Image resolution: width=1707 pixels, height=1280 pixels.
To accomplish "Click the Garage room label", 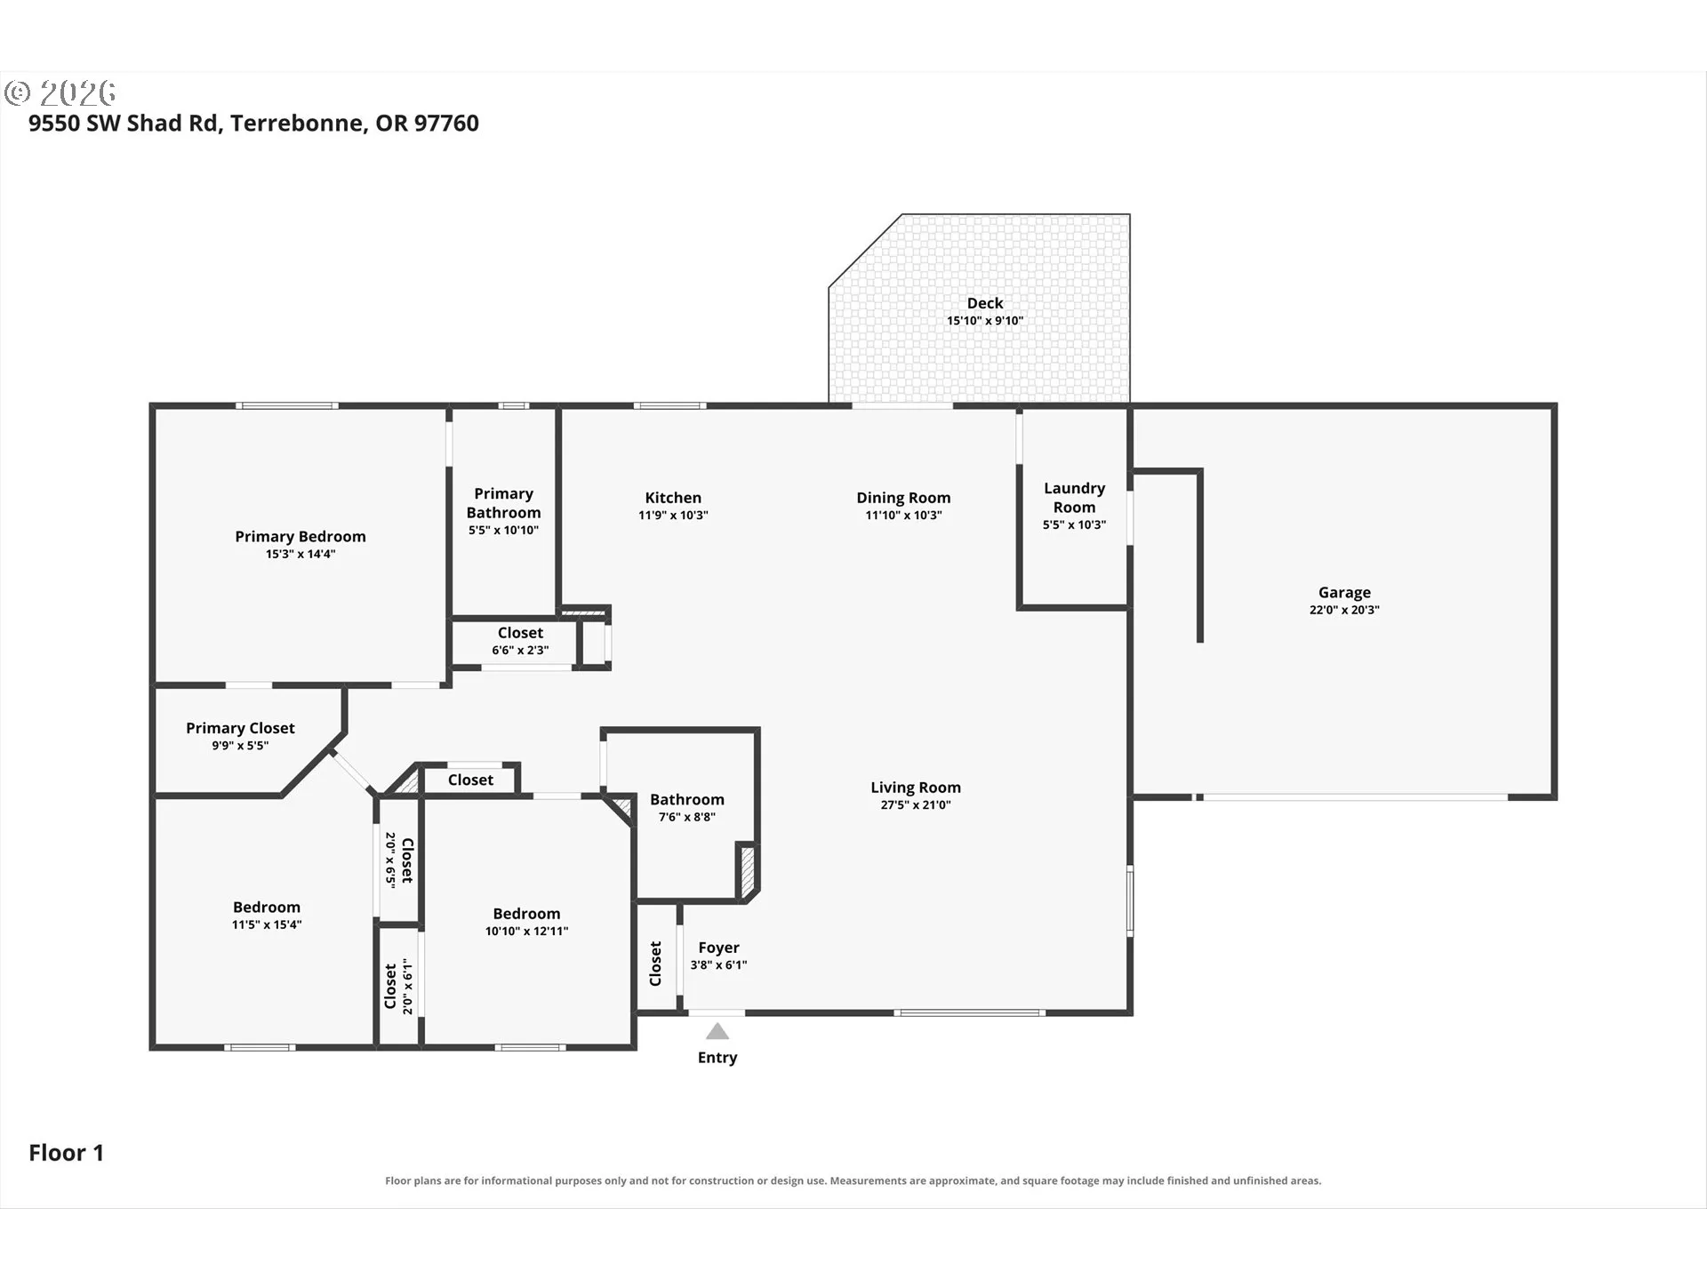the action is click(x=1344, y=592).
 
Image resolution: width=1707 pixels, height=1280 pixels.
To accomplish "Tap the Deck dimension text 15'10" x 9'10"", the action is click(x=985, y=321).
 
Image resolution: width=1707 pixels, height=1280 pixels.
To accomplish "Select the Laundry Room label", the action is click(x=1074, y=498).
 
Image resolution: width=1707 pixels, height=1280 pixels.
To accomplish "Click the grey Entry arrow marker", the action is click(x=717, y=1031).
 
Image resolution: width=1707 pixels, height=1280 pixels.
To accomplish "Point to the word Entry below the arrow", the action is click(x=717, y=1057).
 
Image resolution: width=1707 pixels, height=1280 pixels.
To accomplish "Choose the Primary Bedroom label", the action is click(x=301, y=536).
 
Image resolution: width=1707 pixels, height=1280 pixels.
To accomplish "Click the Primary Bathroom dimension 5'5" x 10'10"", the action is click(x=503, y=531).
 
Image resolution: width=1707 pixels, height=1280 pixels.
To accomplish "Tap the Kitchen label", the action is click(x=673, y=498).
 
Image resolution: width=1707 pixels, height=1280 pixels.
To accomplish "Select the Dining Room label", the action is click(x=903, y=498).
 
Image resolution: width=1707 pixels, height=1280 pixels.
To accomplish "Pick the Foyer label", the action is click(x=718, y=948).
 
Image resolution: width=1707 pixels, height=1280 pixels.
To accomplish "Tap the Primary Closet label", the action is click(x=240, y=728).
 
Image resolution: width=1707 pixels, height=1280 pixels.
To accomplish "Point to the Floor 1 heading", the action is click(x=67, y=1153).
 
